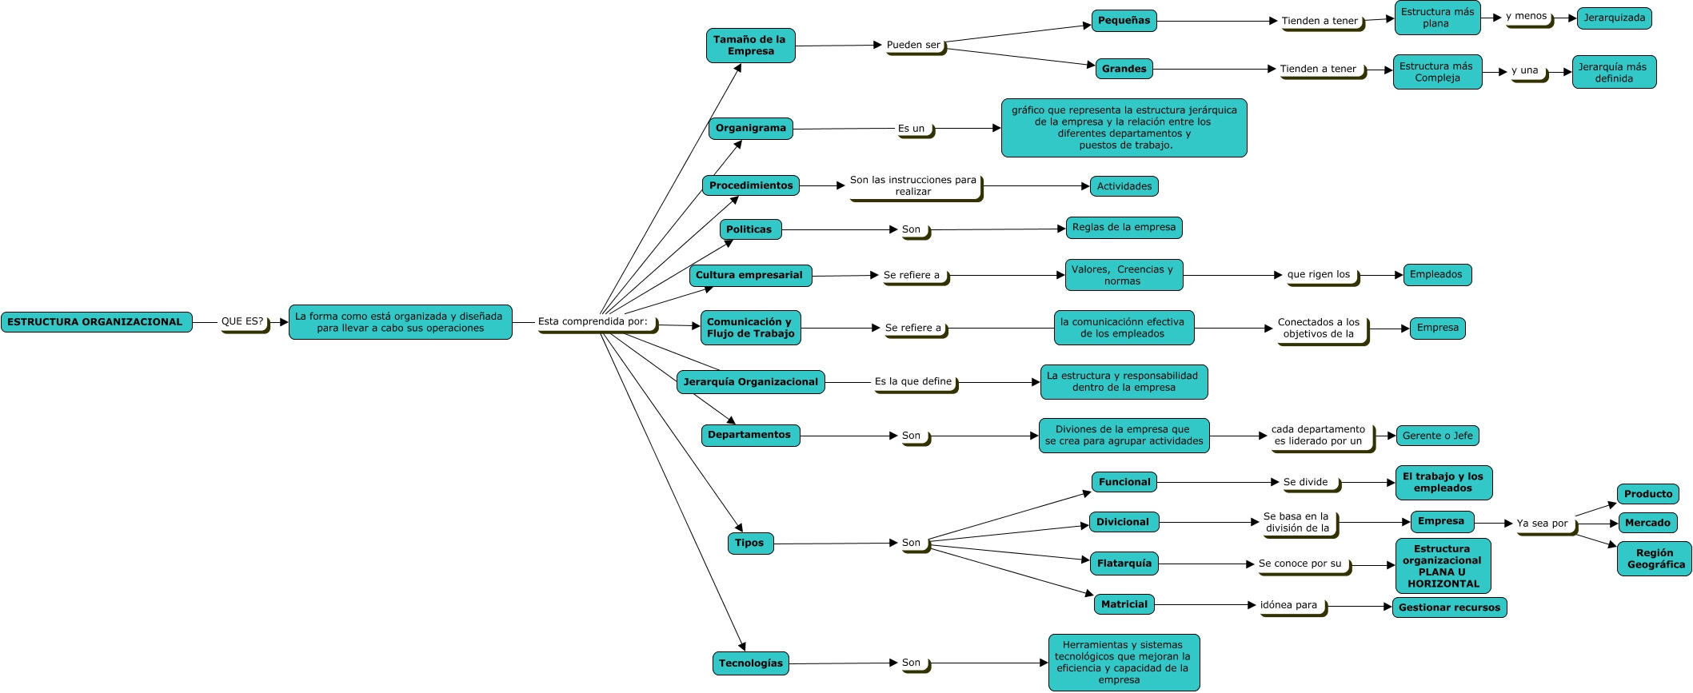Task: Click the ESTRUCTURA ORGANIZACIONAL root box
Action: pos(96,322)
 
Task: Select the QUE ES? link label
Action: pos(242,321)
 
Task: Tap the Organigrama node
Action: pos(750,128)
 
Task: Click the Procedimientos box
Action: pos(750,185)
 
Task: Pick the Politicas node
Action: pos(749,229)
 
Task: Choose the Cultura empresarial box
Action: pos(749,275)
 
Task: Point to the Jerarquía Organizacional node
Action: pos(750,382)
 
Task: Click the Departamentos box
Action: pos(749,435)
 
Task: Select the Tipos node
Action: pos(749,543)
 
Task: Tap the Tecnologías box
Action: pos(750,663)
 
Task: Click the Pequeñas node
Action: pos(1124,21)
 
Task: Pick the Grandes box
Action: pos(1124,69)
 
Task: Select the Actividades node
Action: pos(1124,186)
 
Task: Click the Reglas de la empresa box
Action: pos(1124,227)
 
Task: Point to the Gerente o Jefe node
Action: pos(1437,436)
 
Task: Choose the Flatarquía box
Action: pos(1124,564)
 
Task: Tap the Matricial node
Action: pos(1124,604)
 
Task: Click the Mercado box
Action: pos(1647,523)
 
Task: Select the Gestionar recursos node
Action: pos(1449,607)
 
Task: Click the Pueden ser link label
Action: pos(913,46)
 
